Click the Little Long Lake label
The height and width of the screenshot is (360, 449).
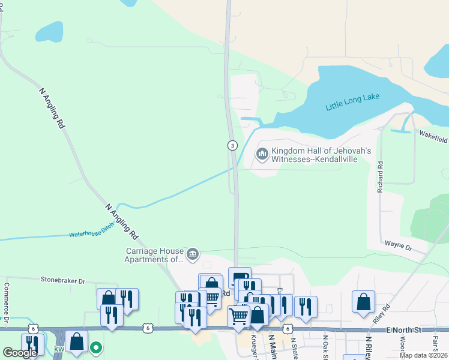(x=353, y=102)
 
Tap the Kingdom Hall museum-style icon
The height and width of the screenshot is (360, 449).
(x=262, y=155)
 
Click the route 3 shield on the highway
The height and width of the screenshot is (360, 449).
(x=232, y=145)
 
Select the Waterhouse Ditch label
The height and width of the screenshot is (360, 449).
(x=90, y=234)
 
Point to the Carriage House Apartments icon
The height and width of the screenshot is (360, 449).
(x=193, y=254)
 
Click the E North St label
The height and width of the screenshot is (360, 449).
(x=405, y=329)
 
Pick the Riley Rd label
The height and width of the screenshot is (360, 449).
(x=381, y=314)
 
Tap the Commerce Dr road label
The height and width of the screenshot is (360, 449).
(x=7, y=303)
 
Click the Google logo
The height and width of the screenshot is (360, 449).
(x=20, y=353)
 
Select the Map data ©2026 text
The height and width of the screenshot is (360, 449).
(x=423, y=355)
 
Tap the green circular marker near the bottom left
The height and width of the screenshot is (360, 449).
(x=95, y=347)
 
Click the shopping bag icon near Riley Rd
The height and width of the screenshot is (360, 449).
(x=364, y=302)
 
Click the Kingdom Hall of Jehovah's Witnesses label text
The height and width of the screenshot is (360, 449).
(x=321, y=155)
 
